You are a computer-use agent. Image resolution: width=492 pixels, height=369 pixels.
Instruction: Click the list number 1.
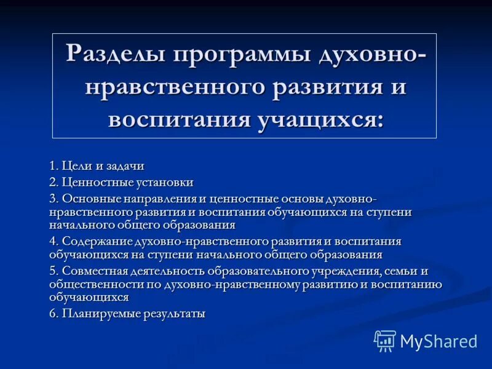(x=53, y=165)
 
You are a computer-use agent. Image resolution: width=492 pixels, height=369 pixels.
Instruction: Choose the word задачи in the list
(x=125, y=165)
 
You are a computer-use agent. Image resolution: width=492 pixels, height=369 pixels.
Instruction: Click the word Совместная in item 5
(x=90, y=271)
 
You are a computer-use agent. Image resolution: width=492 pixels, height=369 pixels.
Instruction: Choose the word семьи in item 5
(x=394, y=271)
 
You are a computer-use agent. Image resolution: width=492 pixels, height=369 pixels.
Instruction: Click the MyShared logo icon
(x=385, y=341)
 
